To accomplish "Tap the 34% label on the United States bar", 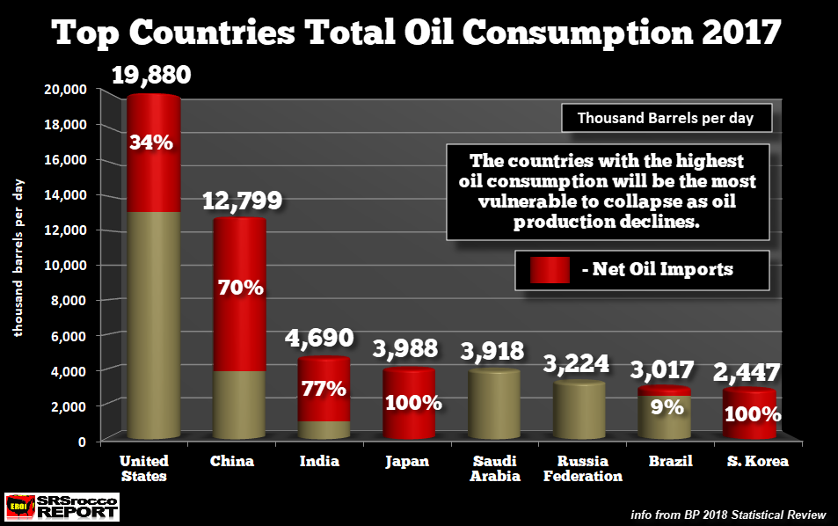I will click(x=151, y=141).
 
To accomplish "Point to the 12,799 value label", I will click(x=242, y=201).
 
